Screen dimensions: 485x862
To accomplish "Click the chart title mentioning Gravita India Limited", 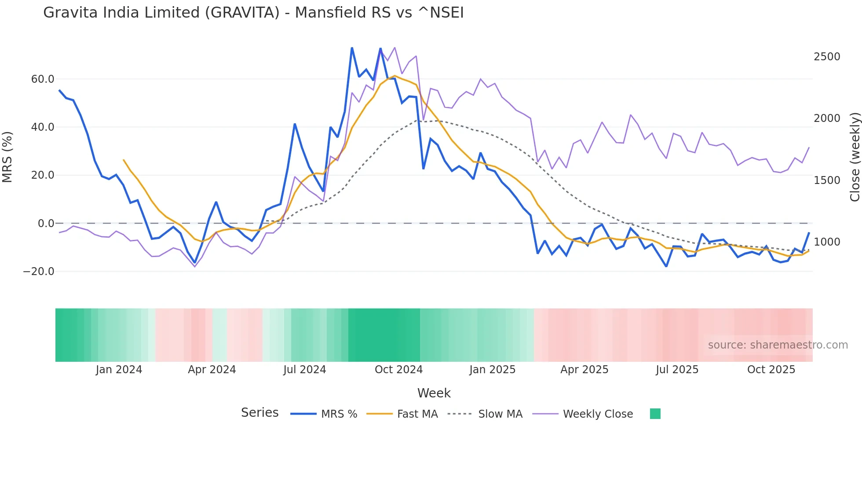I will point(253,13).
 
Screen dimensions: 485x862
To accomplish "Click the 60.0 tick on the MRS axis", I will point(43,79).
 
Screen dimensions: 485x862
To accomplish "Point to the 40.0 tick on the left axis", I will point(43,127).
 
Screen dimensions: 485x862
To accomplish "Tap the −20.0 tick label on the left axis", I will point(39,272).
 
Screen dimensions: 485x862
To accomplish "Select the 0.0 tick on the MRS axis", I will point(46,224).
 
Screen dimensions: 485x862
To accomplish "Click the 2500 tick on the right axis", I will point(827,57).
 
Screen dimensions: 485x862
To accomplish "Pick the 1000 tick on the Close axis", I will point(827,242).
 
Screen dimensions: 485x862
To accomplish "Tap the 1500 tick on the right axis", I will point(827,180).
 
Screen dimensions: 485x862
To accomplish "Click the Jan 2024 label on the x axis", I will point(119,370).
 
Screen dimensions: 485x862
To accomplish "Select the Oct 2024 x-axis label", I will point(398,370).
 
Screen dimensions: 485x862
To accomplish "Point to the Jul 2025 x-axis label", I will point(677,370).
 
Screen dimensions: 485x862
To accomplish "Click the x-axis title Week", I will point(434,393).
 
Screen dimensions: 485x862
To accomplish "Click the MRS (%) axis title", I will point(7,157).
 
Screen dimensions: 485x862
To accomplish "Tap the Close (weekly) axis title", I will point(855,157).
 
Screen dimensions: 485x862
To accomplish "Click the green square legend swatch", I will point(655,414).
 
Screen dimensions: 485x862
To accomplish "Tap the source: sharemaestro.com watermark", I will point(778,345).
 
